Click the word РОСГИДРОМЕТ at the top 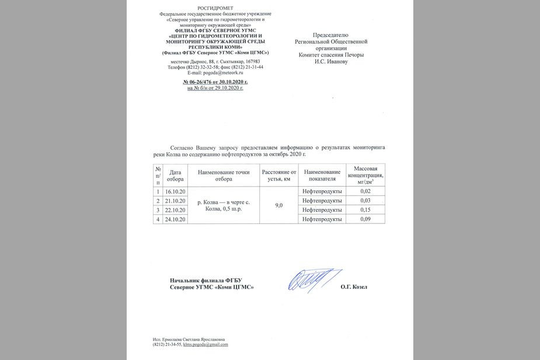pyautogui.click(x=215, y=8)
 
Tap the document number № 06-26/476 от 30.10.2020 pyautogui.click(x=215, y=82)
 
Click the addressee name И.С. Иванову pyautogui.click(x=331, y=61)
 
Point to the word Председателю pyautogui.click(x=331, y=35)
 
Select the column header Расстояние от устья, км pyautogui.click(x=279, y=176)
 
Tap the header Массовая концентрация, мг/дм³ pyautogui.click(x=365, y=175)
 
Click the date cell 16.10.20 pyautogui.click(x=175, y=191)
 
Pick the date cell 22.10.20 pyautogui.click(x=175, y=210)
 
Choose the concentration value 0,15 pyautogui.click(x=365, y=209)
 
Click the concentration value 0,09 pyautogui.click(x=365, y=219)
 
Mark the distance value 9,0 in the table pyautogui.click(x=279, y=205)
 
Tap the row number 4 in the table pyautogui.click(x=157, y=219)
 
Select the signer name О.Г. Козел pyautogui.click(x=354, y=286)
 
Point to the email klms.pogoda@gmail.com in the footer pyautogui.click(x=205, y=344)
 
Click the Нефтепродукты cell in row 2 pyautogui.click(x=322, y=201)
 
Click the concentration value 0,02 pyautogui.click(x=365, y=191)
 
